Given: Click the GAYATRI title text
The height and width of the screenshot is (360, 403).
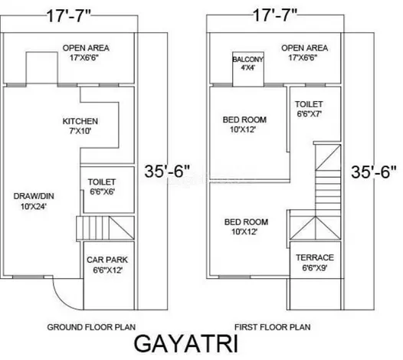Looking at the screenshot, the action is pyautogui.click(x=186, y=344).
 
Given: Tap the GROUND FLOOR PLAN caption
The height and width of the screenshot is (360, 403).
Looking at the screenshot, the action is pyautogui.click(x=91, y=327).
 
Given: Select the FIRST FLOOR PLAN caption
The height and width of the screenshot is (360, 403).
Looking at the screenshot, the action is pyautogui.click(x=273, y=327).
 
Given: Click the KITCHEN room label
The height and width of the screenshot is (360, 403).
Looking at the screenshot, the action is pyautogui.click(x=80, y=121).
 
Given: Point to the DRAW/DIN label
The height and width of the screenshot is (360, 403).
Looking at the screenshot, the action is pyautogui.click(x=34, y=196).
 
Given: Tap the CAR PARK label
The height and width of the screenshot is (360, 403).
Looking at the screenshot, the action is pyautogui.click(x=107, y=260).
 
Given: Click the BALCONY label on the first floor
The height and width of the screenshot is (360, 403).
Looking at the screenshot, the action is pyautogui.click(x=248, y=59).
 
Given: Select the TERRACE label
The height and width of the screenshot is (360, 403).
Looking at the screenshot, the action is pyautogui.click(x=315, y=257).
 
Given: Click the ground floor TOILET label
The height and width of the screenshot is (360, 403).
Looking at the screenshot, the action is pyautogui.click(x=102, y=182).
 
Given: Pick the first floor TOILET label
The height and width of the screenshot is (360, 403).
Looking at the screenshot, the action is pyautogui.click(x=309, y=104).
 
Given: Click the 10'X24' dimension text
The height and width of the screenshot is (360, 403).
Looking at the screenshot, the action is pyautogui.click(x=34, y=206).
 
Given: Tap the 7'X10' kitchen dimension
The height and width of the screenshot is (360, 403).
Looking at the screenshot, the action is pyautogui.click(x=80, y=131).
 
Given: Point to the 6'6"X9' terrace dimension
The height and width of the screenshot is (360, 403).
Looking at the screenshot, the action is pyautogui.click(x=315, y=268).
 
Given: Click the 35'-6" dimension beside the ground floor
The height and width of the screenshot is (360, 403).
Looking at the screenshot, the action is pyautogui.click(x=167, y=171).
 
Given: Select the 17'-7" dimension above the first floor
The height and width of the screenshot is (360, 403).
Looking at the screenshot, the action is pyautogui.click(x=275, y=15).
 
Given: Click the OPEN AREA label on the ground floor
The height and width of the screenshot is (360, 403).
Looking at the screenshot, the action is pyautogui.click(x=86, y=47).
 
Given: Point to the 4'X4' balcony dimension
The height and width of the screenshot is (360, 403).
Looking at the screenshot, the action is pyautogui.click(x=248, y=67).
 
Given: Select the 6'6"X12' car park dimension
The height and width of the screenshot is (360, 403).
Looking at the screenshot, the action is pyautogui.click(x=107, y=270).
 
